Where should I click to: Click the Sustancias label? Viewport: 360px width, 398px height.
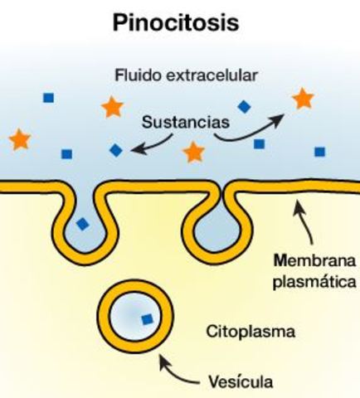[184, 121]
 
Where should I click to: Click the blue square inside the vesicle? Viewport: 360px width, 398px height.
[147, 318]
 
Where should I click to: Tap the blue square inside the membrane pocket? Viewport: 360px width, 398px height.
[81, 223]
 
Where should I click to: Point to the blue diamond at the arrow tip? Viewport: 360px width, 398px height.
[115, 150]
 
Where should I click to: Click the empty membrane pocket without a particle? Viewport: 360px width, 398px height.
[207, 217]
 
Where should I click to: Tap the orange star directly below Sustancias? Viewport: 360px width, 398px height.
[193, 152]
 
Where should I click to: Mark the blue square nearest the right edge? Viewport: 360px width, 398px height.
[319, 152]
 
